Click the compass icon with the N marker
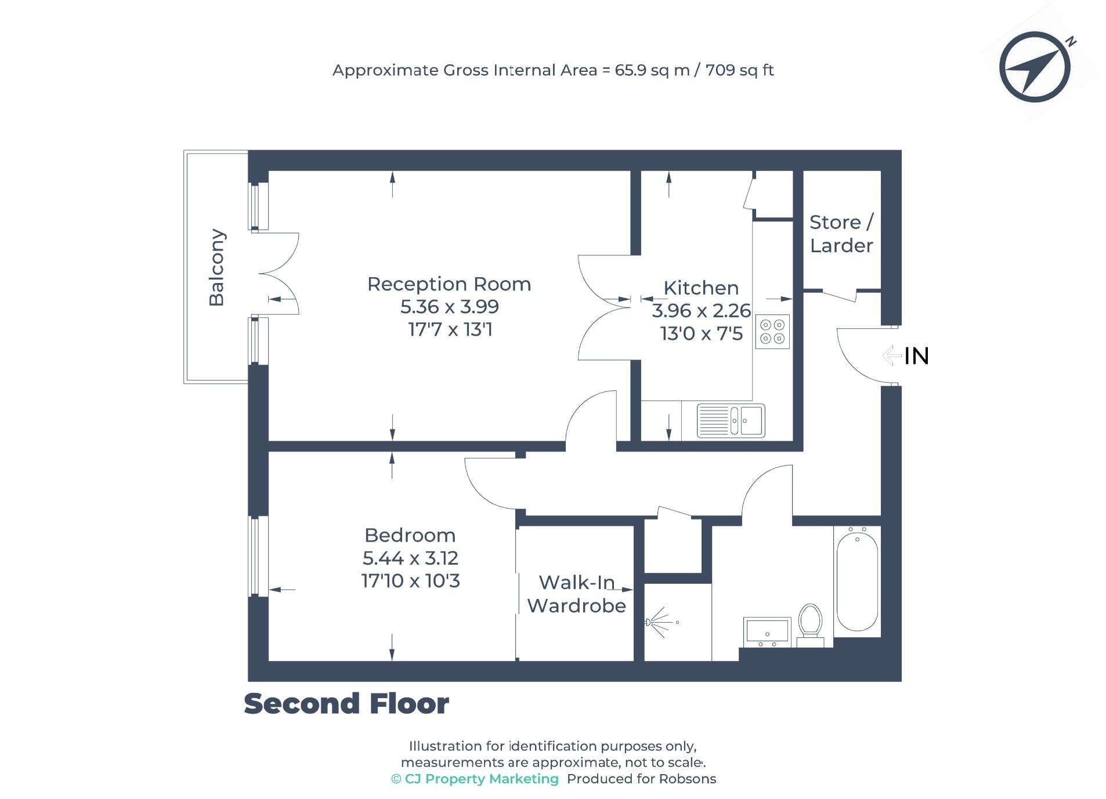tap(1034, 67)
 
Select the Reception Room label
tap(449, 284)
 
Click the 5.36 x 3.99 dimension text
tap(449, 307)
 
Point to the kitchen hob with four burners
tap(772, 332)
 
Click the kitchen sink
tap(731, 420)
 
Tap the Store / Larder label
tap(841, 234)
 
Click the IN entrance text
tap(916, 356)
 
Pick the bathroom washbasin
tap(767, 631)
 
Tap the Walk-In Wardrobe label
tap(576, 594)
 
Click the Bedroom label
tap(410, 535)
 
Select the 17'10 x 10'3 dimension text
tap(410, 581)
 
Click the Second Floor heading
tap(346, 703)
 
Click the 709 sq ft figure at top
tap(739, 70)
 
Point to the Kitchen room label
tap(700, 288)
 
